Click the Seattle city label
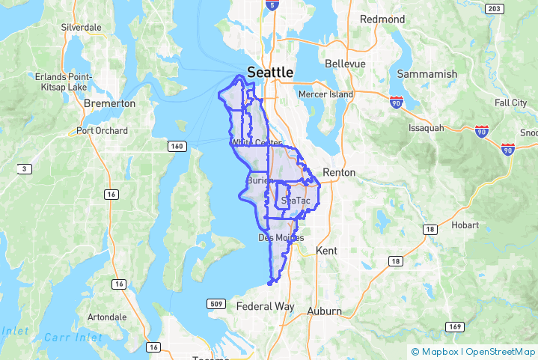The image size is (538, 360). (270, 73)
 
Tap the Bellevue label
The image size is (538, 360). (344, 64)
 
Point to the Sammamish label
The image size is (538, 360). (427, 74)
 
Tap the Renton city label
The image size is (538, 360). (338, 172)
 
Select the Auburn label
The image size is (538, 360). (325, 311)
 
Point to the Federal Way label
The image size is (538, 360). (265, 307)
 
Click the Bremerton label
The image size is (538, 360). (110, 103)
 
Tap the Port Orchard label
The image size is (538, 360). (102, 131)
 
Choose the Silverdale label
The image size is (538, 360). (82, 27)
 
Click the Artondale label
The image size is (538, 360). (106, 317)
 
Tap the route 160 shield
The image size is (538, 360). (176, 146)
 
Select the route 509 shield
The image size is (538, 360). (215, 304)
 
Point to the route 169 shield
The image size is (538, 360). (453, 326)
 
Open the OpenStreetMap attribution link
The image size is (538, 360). (500, 351)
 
